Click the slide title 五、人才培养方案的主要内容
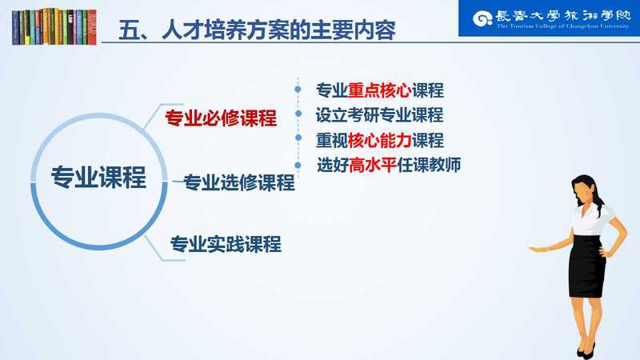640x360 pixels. (x=257, y=30)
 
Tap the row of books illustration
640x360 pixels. (x=54, y=26)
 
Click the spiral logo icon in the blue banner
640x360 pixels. (x=482, y=18)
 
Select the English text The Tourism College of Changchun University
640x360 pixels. (x=563, y=26)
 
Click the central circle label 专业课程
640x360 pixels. (x=98, y=177)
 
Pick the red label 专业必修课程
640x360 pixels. (x=221, y=118)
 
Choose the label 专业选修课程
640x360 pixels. (x=238, y=182)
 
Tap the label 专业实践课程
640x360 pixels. (x=226, y=244)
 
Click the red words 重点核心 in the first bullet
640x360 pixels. (x=379, y=90)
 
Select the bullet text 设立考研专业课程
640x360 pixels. (x=379, y=115)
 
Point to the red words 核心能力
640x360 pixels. (x=379, y=141)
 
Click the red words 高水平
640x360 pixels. (x=373, y=165)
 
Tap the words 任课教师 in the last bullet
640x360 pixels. (x=429, y=165)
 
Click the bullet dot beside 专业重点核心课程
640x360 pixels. (x=298, y=89)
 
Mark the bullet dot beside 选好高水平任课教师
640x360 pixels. (x=298, y=165)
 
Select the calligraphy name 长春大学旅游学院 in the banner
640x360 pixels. (x=563, y=16)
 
